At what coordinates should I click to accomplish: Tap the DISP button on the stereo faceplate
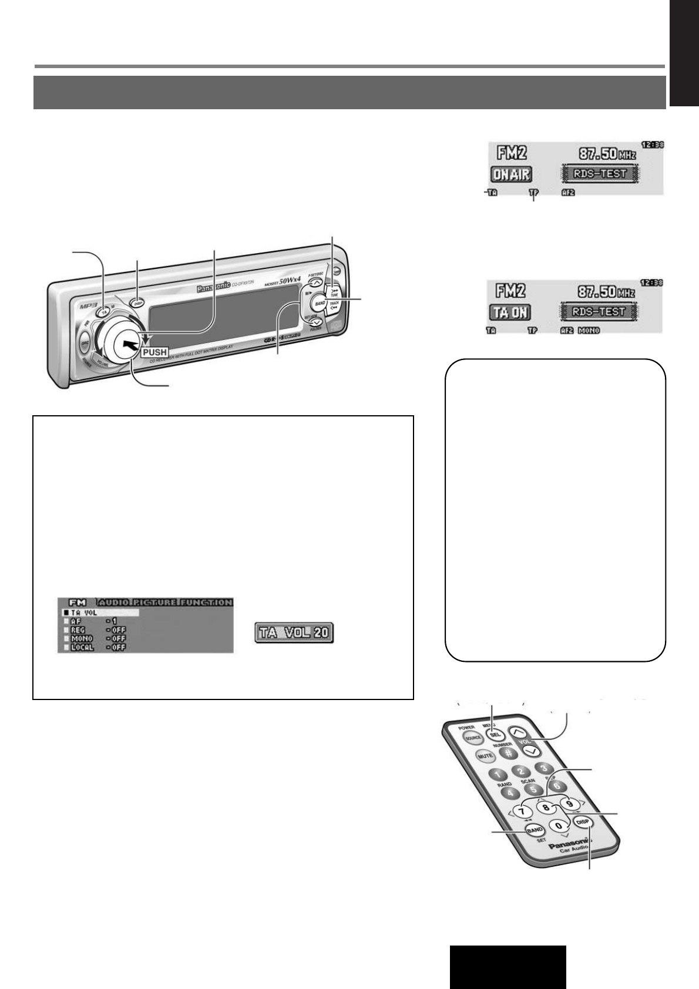(x=138, y=304)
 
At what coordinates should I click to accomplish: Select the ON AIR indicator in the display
(x=511, y=174)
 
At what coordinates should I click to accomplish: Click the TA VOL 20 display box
(x=294, y=633)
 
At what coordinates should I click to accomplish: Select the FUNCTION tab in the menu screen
(x=206, y=602)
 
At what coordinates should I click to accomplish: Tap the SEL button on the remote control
(x=495, y=734)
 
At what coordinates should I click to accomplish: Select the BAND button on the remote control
(x=535, y=830)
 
